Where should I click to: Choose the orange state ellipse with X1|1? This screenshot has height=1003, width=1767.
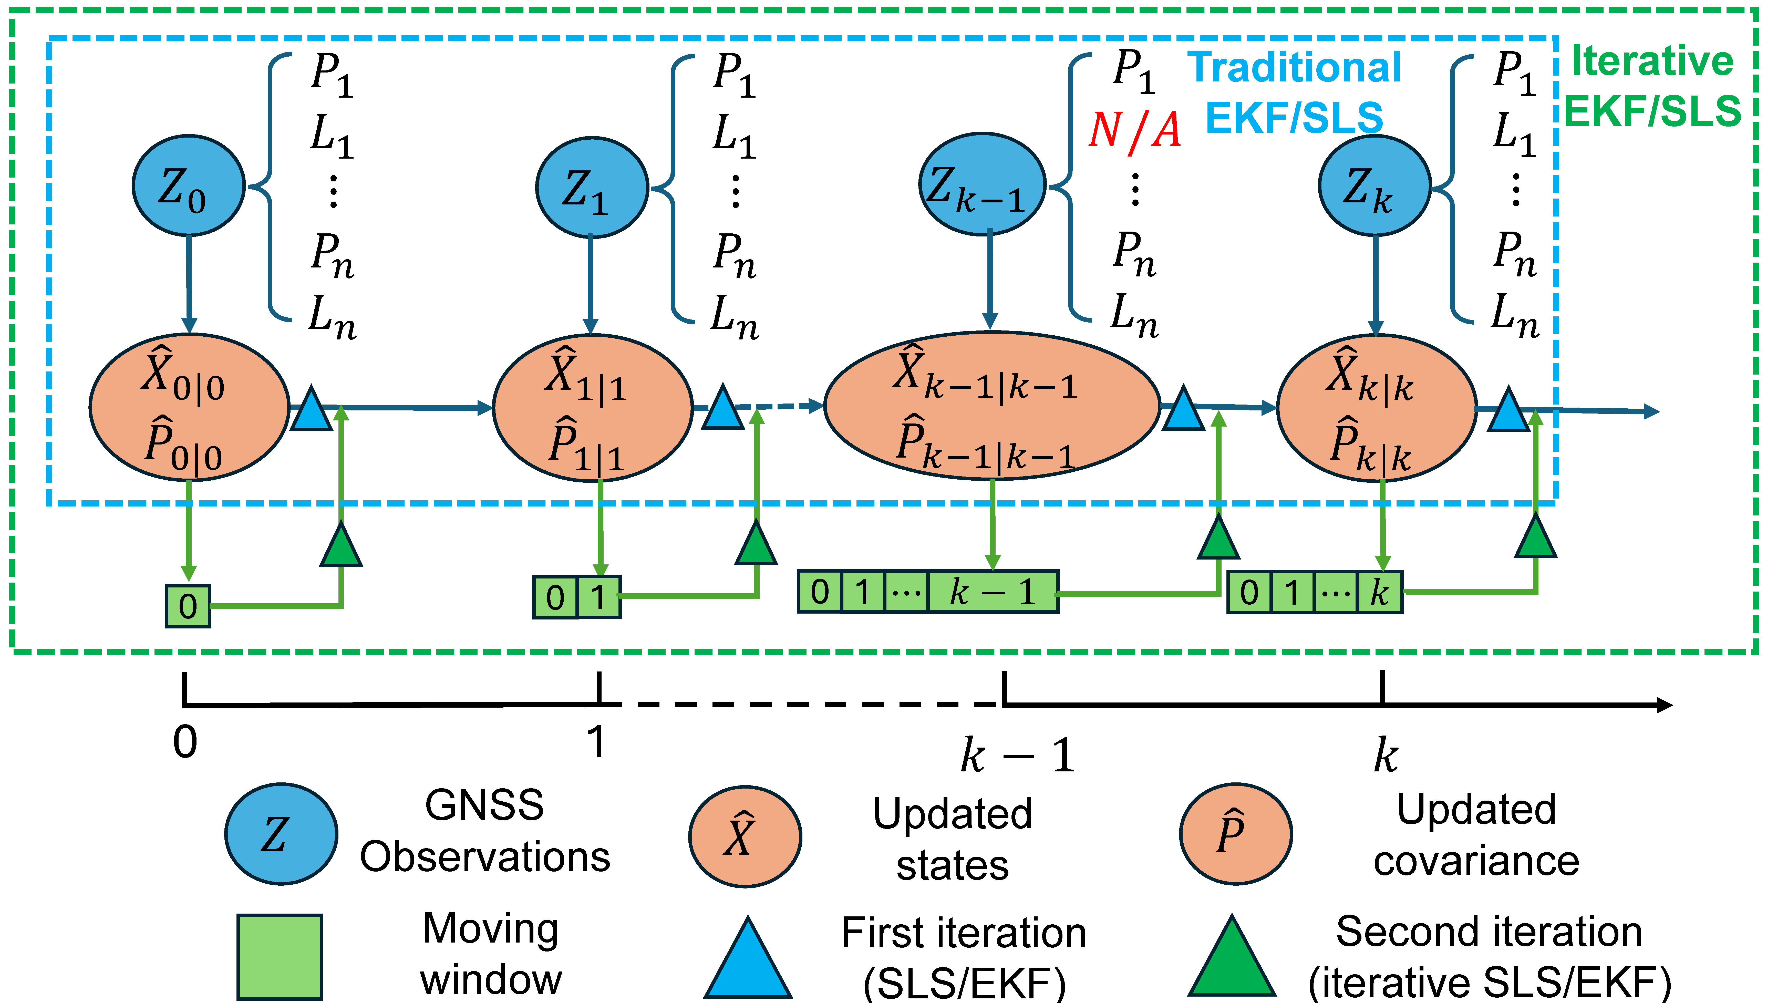pos(592,408)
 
